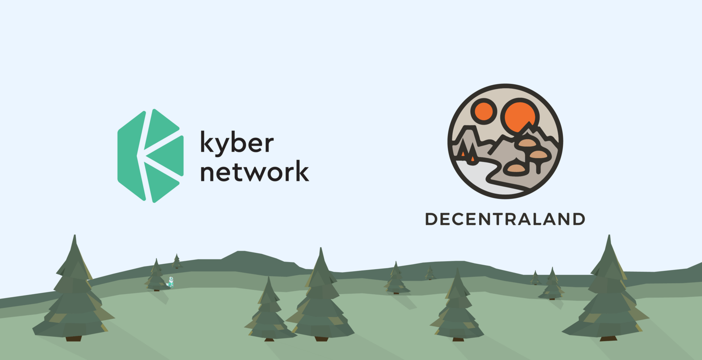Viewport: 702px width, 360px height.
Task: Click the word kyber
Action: (x=237, y=143)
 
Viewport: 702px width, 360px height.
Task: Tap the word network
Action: (x=254, y=171)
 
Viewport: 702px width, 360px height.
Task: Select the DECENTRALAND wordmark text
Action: (x=505, y=219)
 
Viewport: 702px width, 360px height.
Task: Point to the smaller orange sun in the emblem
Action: (x=484, y=111)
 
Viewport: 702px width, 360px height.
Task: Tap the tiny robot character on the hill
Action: (x=171, y=283)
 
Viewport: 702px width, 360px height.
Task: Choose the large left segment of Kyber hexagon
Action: (x=131, y=155)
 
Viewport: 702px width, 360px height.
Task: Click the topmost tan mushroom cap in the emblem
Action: (x=527, y=143)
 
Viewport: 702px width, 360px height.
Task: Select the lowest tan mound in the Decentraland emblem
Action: (x=516, y=169)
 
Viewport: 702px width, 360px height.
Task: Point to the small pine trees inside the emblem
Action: (x=468, y=152)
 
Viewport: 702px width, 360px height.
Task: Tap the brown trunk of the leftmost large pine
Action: (x=74, y=338)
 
